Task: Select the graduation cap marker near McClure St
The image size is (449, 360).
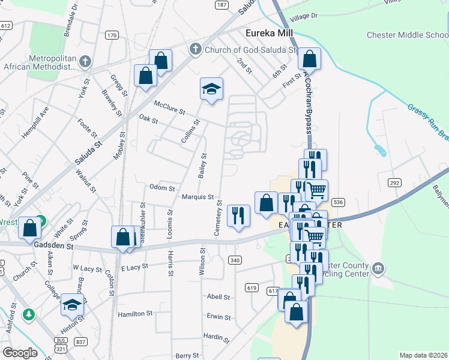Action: click(211, 89)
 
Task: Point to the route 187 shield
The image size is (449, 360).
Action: click(222, 5)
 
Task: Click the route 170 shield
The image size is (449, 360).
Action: click(112, 35)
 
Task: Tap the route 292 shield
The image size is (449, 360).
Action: click(394, 182)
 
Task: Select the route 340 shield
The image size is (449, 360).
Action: click(235, 259)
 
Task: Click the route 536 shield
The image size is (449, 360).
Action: click(339, 203)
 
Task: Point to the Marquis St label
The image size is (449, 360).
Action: click(198, 197)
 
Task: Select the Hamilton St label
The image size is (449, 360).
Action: click(135, 314)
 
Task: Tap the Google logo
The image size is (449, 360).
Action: click(20, 353)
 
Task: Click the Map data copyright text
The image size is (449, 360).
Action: click(423, 355)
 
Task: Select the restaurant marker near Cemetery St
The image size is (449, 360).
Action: click(238, 215)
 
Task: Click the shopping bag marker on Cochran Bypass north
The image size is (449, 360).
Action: click(309, 59)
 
